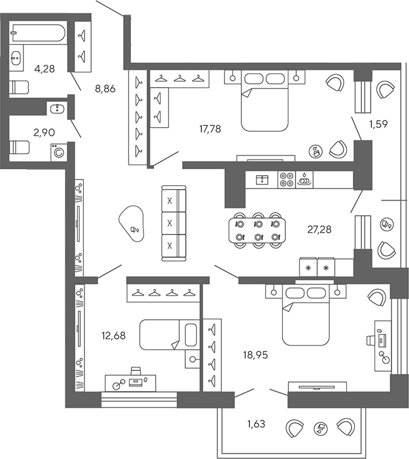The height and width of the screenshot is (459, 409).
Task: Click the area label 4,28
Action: (x=45, y=69)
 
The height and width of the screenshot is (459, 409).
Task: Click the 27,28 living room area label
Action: (x=319, y=229)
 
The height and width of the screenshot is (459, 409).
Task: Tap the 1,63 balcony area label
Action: (x=256, y=424)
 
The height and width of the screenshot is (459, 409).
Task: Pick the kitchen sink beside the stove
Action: (x=305, y=180)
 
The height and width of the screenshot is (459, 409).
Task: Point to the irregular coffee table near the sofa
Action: (x=134, y=224)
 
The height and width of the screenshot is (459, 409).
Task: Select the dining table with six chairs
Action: (x=258, y=229)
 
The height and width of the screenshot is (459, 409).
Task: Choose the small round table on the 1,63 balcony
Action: (x=320, y=429)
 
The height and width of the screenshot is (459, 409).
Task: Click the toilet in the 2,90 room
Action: (x=20, y=146)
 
